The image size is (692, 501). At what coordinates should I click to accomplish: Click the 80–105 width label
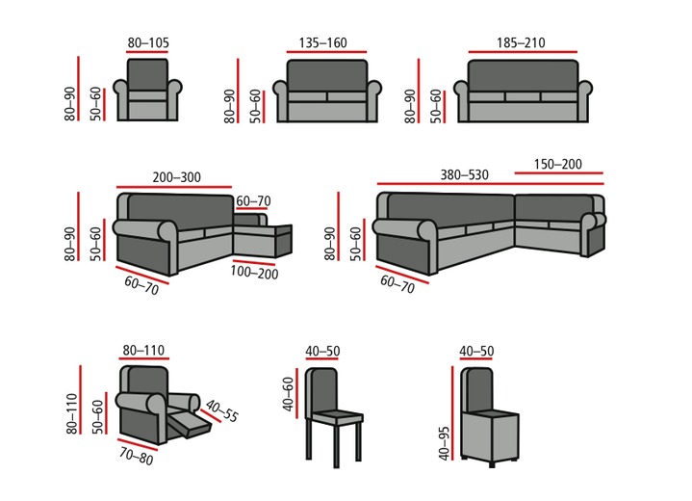point(147,42)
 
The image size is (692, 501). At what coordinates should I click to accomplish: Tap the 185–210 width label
point(521,42)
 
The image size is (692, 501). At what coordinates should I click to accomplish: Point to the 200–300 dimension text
point(176,176)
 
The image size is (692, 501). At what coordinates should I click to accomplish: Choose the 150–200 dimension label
point(558,165)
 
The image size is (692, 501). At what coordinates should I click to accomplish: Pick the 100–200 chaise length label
point(253,273)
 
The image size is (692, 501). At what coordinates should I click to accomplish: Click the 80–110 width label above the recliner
point(144,351)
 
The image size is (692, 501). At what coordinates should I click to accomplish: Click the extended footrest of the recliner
point(189,424)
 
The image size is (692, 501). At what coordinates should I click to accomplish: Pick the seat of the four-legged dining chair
point(334,418)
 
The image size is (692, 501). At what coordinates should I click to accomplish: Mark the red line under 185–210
point(521,51)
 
